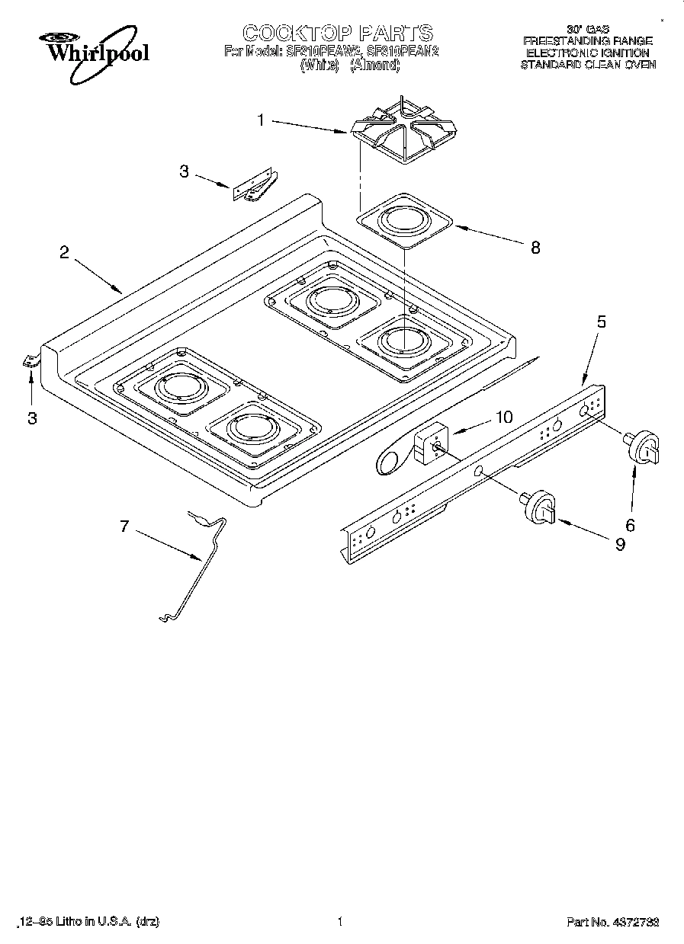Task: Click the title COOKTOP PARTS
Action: coord(337,33)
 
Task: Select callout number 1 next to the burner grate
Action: coord(261,120)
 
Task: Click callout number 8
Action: coord(535,248)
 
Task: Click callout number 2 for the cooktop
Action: coord(66,254)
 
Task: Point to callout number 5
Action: coord(601,322)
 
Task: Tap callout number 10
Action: coord(503,417)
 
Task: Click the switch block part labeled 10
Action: coord(429,443)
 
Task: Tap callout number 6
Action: coord(630,524)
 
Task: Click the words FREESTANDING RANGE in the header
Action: coord(587,40)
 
